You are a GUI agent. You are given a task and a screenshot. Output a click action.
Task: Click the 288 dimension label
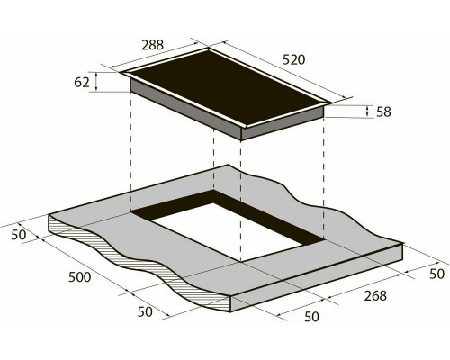[153, 45]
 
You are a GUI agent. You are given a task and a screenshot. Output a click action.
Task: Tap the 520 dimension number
[293, 60]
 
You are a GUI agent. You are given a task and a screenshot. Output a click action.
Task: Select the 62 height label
[82, 82]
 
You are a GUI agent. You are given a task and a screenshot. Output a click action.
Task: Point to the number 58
[383, 112]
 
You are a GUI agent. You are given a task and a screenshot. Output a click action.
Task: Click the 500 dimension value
[80, 277]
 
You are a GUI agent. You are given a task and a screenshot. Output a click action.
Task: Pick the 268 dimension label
[375, 296]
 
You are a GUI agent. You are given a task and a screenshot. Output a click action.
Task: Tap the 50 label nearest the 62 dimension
[19, 235]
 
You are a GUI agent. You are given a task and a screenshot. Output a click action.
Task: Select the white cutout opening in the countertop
[227, 231]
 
